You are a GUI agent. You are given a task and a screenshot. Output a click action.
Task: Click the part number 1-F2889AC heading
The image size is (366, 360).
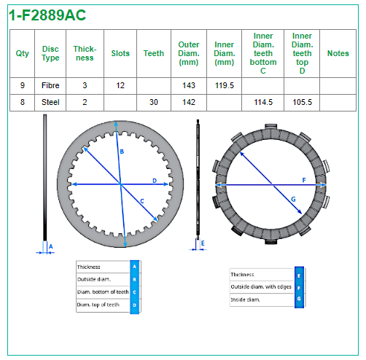(x=47, y=15)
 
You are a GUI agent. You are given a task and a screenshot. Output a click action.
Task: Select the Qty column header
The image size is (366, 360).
(x=22, y=53)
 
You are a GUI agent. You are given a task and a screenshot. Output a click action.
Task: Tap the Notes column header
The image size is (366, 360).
(x=338, y=53)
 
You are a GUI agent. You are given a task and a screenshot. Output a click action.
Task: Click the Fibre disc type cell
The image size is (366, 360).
(x=50, y=85)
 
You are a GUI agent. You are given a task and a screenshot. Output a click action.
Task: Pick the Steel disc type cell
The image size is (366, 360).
(x=50, y=102)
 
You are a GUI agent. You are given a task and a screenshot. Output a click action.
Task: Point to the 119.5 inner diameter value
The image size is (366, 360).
(x=224, y=85)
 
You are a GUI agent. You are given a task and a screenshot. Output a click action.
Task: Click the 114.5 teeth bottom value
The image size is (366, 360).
(x=263, y=102)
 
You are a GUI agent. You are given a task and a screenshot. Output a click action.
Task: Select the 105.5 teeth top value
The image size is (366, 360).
(x=302, y=102)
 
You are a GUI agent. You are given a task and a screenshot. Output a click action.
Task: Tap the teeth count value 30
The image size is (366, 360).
(x=154, y=102)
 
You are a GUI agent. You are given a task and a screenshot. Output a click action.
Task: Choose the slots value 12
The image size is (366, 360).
(x=120, y=85)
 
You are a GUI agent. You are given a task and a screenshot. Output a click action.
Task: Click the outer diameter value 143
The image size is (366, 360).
(x=189, y=85)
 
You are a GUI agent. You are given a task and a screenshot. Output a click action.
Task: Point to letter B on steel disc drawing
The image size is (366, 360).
(x=122, y=152)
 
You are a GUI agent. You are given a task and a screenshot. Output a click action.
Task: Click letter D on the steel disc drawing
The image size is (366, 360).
(x=155, y=181)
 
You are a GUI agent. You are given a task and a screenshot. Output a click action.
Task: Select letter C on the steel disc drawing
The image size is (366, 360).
(x=142, y=201)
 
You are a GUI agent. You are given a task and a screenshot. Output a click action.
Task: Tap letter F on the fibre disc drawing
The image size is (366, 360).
(x=304, y=180)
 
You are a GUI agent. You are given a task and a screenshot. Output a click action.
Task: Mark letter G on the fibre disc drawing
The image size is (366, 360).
(x=293, y=199)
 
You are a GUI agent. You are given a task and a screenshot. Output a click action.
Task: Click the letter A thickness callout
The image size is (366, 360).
(x=50, y=246)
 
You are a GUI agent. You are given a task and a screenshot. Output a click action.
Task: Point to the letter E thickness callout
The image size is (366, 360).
(x=203, y=243)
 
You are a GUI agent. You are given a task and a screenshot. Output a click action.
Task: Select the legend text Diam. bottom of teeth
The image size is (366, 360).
(x=103, y=291)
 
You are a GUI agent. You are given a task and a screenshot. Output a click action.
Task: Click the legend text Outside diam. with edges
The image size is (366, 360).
(x=261, y=287)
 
